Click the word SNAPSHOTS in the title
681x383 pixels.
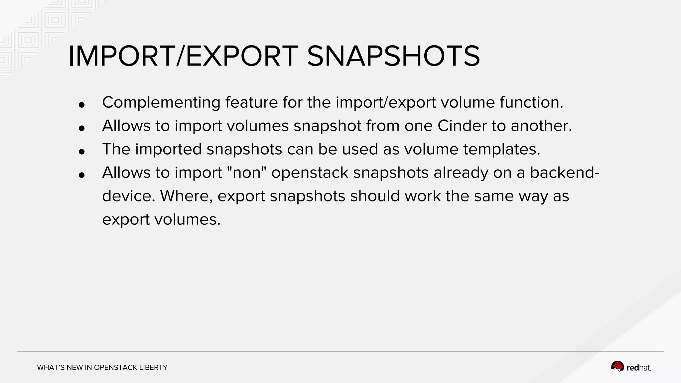tap(393, 56)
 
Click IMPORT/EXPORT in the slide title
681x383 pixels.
tap(183, 56)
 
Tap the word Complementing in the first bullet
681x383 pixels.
tap(161, 102)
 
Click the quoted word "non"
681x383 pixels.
tap(246, 173)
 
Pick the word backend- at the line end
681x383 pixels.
tap(565, 173)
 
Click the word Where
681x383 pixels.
tap(186, 196)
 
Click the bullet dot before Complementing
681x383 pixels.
tap(82, 105)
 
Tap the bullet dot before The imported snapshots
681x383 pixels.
tap(82, 152)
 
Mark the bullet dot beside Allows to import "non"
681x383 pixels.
tap(82, 175)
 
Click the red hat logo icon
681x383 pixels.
tap(617, 367)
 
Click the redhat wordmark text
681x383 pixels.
tap(638, 368)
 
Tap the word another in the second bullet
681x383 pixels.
tap(541, 126)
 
